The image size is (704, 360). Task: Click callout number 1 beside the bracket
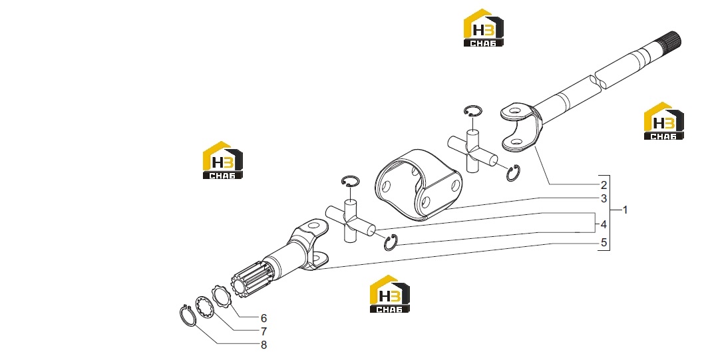(x=625, y=210)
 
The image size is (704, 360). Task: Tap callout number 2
(x=604, y=185)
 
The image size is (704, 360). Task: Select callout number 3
(x=604, y=198)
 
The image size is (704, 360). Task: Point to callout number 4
(x=604, y=224)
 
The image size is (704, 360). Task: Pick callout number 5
(x=604, y=243)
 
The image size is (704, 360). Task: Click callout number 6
(x=264, y=318)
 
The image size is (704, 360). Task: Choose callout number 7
(x=264, y=332)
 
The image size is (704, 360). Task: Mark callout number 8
(x=264, y=345)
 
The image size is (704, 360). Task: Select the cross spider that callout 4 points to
(x=350, y=221)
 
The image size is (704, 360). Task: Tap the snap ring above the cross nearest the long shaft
(x=473, y=111)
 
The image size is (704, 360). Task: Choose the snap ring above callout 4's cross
(x=350, y=182)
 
